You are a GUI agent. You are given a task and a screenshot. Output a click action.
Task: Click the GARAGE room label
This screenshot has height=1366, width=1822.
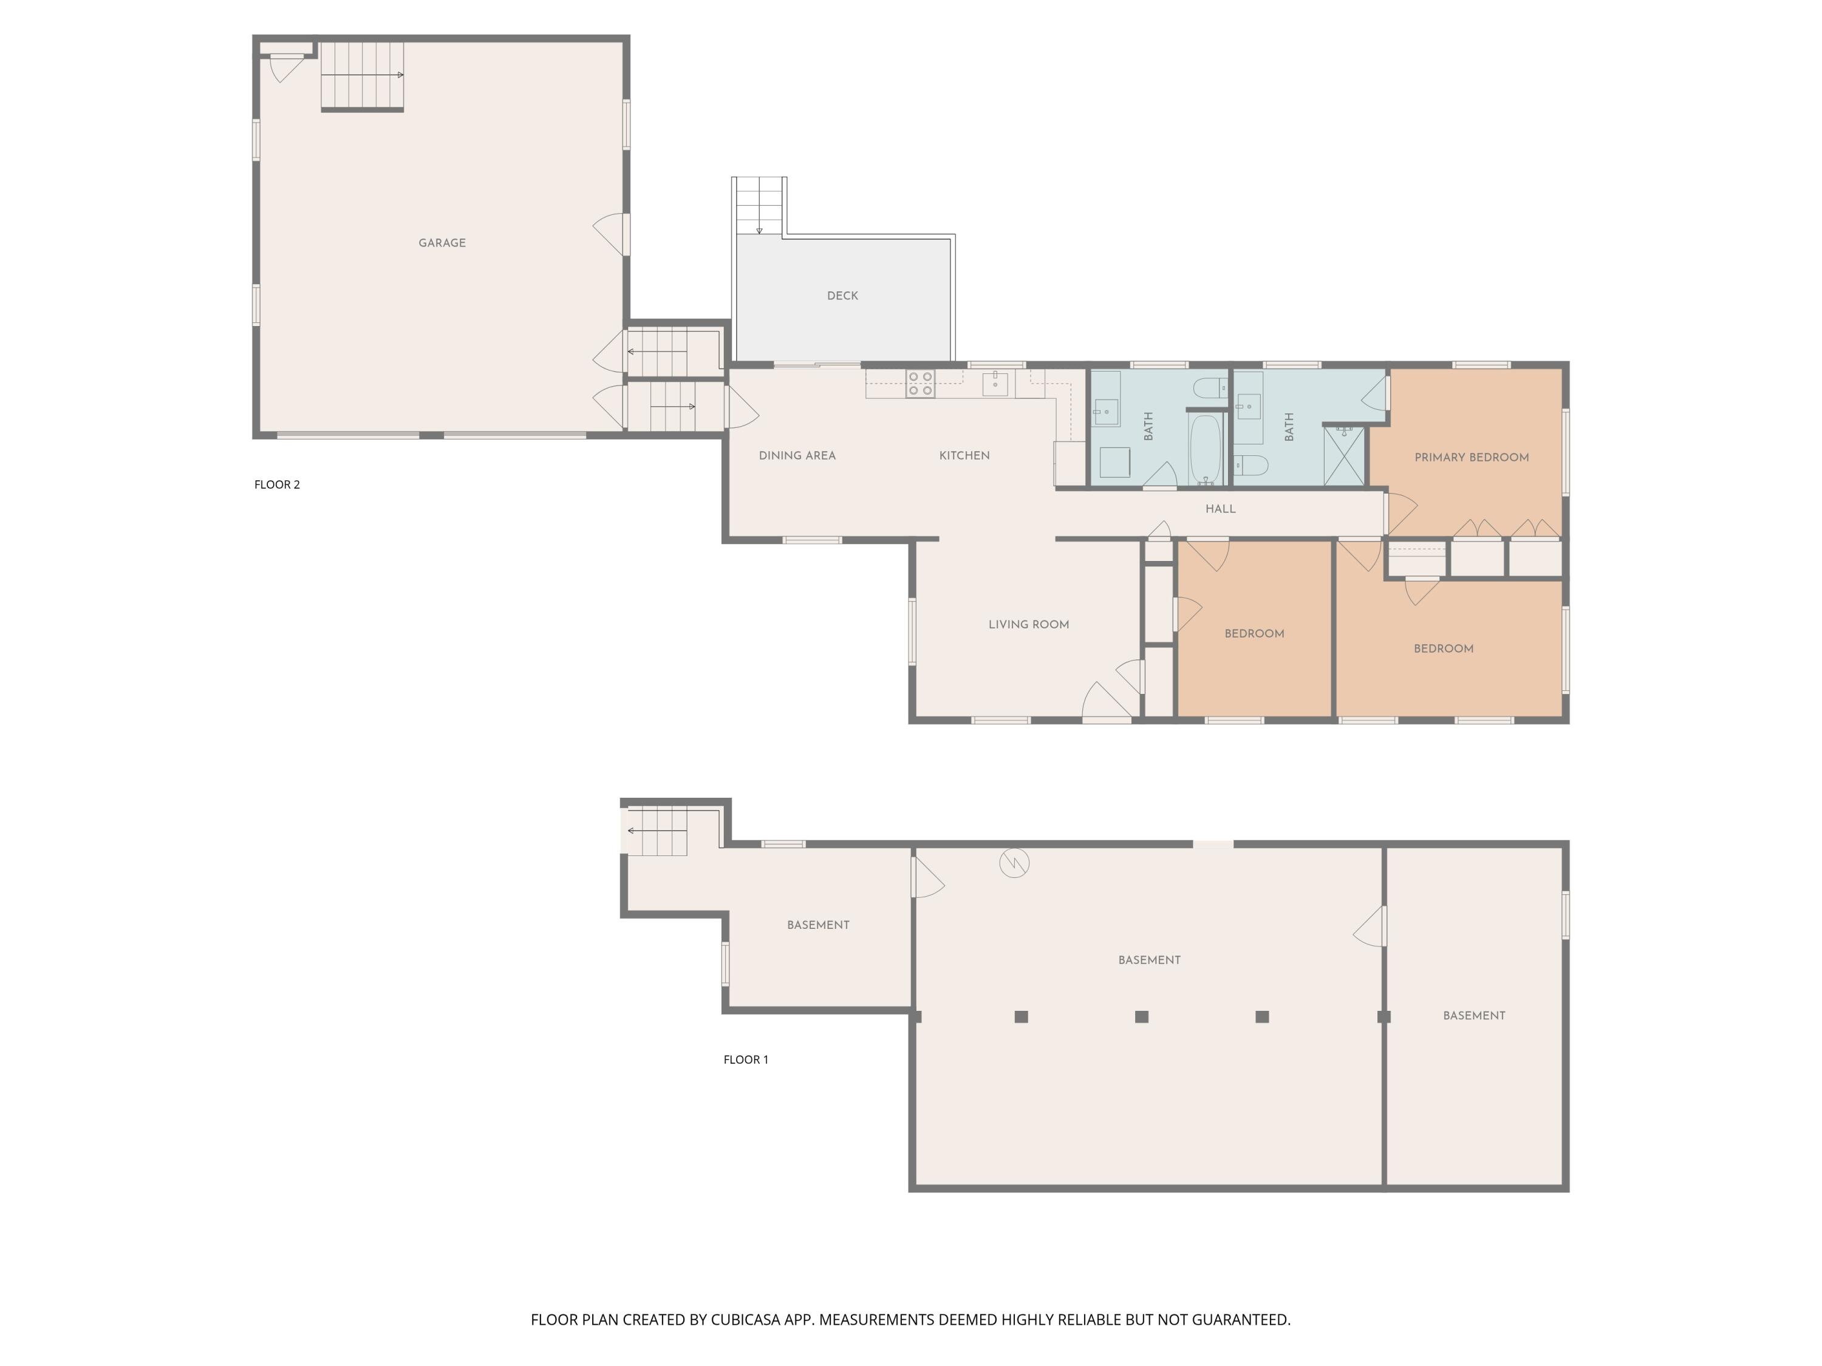(x=442, y=243)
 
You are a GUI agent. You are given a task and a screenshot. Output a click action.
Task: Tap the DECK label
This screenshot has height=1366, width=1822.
(x=842, y=296)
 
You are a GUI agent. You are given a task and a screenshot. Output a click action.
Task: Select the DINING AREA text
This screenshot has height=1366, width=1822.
(x=797, y=455)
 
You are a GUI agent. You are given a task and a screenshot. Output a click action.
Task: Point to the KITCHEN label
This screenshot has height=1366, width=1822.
(x=964, y=455)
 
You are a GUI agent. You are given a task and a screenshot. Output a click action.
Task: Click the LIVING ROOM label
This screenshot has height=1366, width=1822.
(x=1029, y=624)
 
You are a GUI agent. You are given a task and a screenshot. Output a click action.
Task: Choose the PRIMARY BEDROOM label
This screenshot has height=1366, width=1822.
(x=1472, y=458)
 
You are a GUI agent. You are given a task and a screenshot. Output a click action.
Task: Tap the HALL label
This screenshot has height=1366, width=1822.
(x=1221, y=509)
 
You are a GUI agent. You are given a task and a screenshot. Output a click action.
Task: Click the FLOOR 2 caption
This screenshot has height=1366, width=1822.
(x=277, y=484)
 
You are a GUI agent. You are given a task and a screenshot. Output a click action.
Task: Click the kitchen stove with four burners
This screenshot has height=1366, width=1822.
(x=920, y=384)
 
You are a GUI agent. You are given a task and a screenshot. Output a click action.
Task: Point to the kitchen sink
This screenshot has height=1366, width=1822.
(x=995, y=384)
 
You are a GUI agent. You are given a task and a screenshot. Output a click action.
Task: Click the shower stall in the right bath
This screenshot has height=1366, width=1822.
(x=1344, y=455)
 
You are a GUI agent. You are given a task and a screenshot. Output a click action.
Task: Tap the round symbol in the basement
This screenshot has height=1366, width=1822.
(x=1015, y=863)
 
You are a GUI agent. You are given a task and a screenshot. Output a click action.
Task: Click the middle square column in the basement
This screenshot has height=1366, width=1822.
(x=1142, y=1017)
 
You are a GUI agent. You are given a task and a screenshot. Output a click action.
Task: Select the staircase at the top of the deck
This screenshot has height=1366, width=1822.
(x=759, y=206)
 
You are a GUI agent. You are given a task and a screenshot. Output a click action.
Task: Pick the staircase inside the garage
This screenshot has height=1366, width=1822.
(x=363, y=76)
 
